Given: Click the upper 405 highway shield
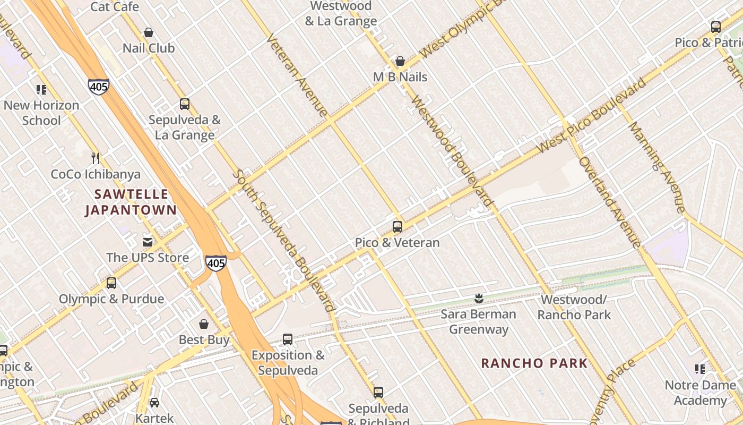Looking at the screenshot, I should (x=99, y=87).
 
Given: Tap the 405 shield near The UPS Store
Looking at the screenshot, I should (x=216, y=262).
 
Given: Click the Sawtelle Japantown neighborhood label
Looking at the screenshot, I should (x=131, y=202).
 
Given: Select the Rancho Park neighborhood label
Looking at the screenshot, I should (x=534, y=363).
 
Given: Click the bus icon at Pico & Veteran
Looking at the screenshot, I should (x=397, y=227).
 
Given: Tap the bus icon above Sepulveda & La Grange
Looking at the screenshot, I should (x=184, y=104).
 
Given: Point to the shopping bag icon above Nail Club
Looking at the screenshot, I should (x=149, y=33).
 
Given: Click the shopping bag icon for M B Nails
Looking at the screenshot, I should (x=400, y=62).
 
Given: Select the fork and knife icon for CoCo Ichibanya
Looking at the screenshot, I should (x=96, y=158).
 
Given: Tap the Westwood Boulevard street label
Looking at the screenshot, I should (x=451, y=151).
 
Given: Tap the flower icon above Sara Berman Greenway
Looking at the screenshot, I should (x=478, y=298).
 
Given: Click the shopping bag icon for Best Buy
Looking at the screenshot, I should (x=204, y=324).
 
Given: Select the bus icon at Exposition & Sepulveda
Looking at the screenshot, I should (x=288, y=339).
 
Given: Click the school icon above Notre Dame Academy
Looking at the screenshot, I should (x=700, y=369).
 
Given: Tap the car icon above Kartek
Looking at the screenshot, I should (x=154, y=403).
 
